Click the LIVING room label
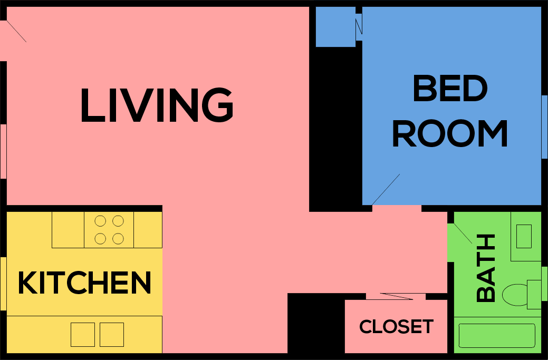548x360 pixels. [157, 106]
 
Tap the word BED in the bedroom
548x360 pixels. [450, 89]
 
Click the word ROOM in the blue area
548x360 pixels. [450, 134]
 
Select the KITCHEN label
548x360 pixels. [84, 283]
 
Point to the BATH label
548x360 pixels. [486, 269]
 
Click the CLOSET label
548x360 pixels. [396, 327]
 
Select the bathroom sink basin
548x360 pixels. [524, 236]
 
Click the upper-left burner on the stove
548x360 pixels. [100, 221]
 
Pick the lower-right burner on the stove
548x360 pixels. [118, 239]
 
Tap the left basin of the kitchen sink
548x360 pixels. [83, 335]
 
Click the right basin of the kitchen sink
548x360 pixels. [112, 335]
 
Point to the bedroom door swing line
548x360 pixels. [386, 189]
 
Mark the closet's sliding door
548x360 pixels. [396, 296]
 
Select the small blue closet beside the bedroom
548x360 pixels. [335, 27]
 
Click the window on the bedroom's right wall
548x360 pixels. [544, 127]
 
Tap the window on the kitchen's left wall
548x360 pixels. [3, 284]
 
